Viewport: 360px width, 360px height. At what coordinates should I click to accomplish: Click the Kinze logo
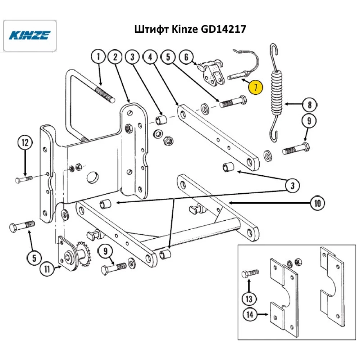[x=30, y=35]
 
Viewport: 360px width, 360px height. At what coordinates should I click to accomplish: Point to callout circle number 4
[x=150, y=57]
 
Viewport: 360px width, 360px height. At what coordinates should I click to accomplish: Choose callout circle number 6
[x=186, y=57]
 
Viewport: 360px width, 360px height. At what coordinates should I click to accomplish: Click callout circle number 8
[x=310, y=105]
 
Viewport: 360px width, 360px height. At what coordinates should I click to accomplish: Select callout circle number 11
[x=47, y=267]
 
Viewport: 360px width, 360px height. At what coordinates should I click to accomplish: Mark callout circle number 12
[x=25, y=143]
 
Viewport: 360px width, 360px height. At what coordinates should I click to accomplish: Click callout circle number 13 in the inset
[x=249, y=298]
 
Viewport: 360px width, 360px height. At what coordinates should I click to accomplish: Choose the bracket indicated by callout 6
[x=212, y=74]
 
